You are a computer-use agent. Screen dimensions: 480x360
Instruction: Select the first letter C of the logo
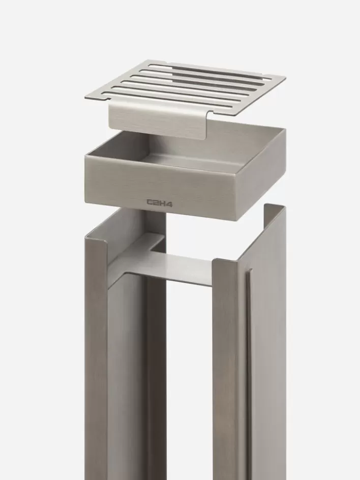click(x=150, y=201)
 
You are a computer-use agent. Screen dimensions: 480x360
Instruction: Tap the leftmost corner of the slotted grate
click(x=86, y=97)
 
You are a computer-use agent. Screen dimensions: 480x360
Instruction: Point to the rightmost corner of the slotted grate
click(x=284, y=78)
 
